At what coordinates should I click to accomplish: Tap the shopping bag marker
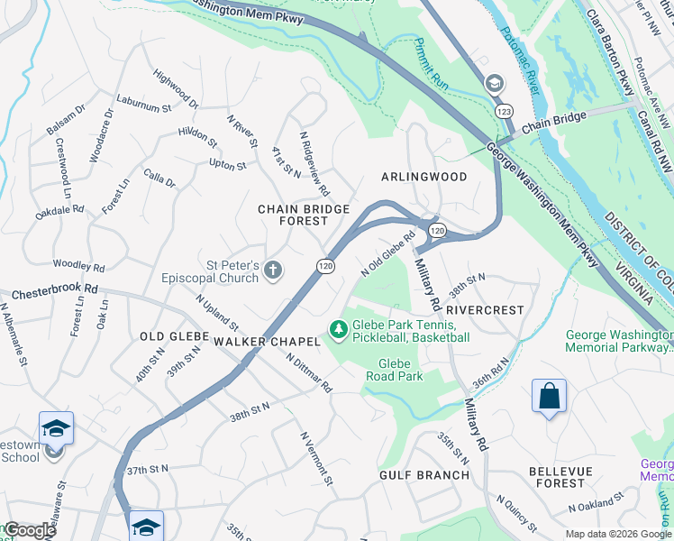(549, 397)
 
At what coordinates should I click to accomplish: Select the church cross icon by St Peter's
(273, 270)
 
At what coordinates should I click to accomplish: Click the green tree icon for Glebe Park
(339, 331)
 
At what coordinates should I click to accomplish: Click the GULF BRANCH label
(424, 475)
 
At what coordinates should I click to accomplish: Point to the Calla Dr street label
(159, 179)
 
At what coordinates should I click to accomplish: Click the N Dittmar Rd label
(310, 371)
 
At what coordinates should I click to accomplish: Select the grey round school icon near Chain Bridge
(493, 84)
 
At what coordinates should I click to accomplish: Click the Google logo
(30, 531)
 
